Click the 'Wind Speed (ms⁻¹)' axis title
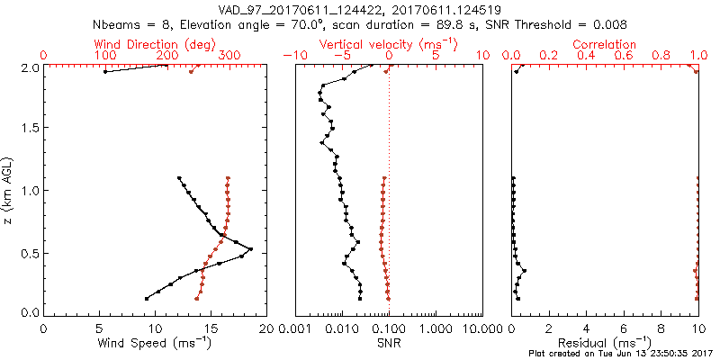(156, 342)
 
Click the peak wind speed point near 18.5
(251, 248)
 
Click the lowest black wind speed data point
(147, 299)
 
